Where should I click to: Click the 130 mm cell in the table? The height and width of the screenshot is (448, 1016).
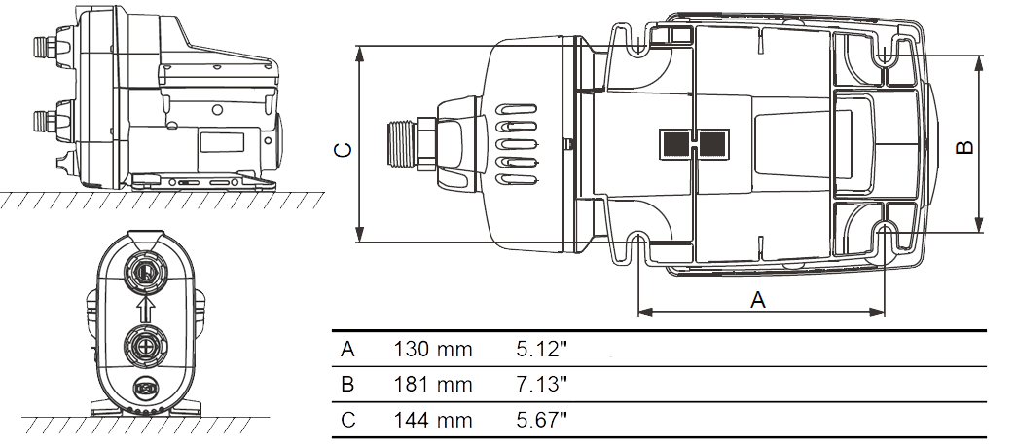(433, 350)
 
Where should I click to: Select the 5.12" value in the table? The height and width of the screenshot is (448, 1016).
(542, 350)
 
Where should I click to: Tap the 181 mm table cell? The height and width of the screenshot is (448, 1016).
(433, 385)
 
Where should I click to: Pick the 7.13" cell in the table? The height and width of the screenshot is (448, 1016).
(542, 385)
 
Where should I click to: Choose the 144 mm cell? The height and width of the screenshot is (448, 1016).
(433, 420)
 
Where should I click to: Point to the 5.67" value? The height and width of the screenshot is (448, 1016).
(542, 420)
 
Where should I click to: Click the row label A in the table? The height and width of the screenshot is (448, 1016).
(348, 350)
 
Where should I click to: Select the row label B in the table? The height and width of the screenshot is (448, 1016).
(348, 385)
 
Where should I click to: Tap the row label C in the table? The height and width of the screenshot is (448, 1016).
(348, 420)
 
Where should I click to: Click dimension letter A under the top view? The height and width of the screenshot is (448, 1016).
(757, 300)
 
